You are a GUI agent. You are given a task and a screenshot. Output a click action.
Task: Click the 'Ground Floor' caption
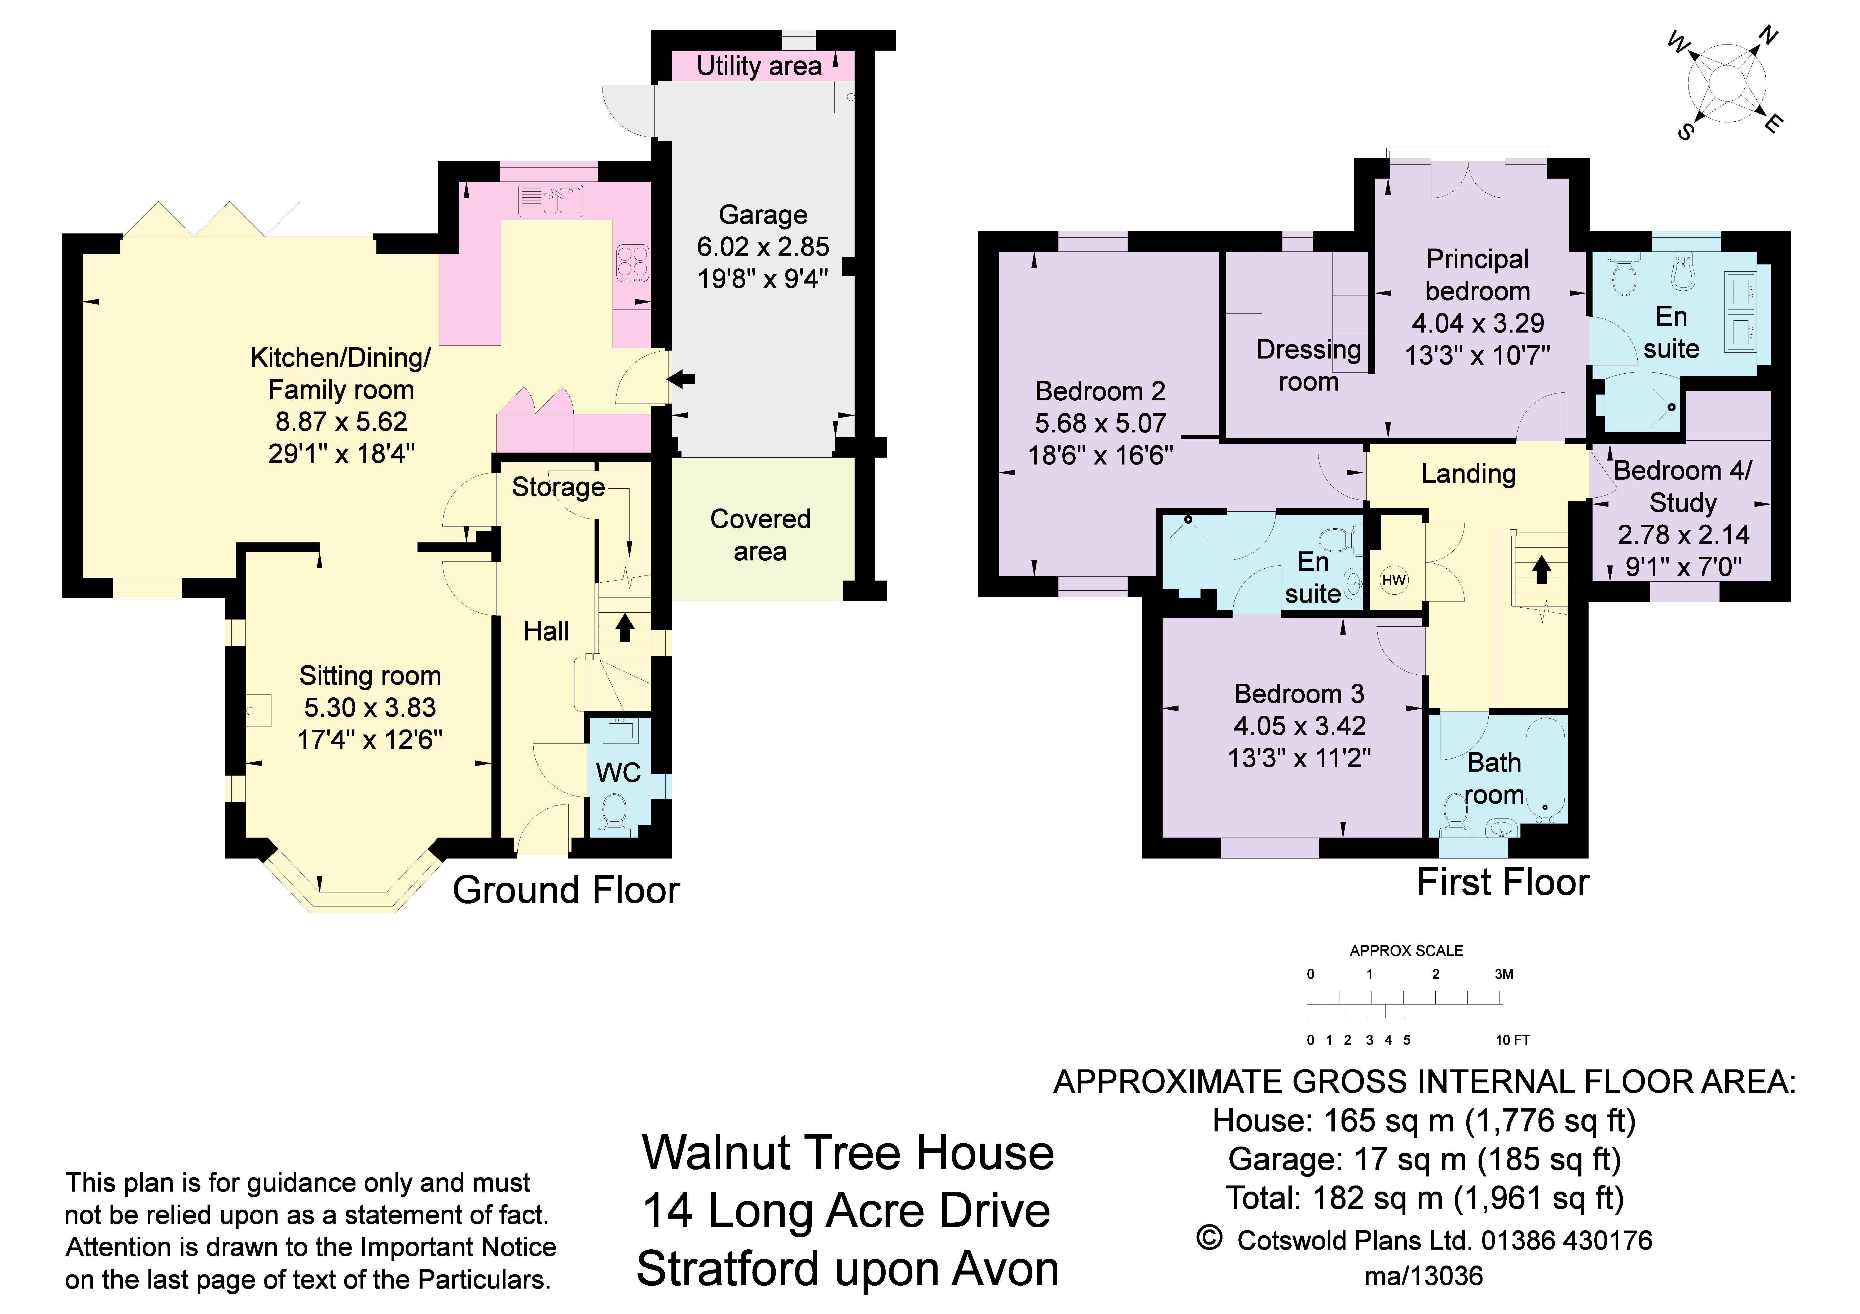[x=565, y=891]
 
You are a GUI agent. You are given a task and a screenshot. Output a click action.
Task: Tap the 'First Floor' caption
[x=1503, y=882]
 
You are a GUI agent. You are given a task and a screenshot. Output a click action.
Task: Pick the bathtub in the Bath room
[x=1545, y=769]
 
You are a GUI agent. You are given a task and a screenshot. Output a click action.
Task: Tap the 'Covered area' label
[x=760, y=534]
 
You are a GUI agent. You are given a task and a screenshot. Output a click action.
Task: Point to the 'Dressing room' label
[x=1308, y=365]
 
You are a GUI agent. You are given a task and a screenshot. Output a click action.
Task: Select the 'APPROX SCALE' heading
[x=1406, y=950]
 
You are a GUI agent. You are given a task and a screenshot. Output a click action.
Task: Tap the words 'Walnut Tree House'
[x=848, y=1153]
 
